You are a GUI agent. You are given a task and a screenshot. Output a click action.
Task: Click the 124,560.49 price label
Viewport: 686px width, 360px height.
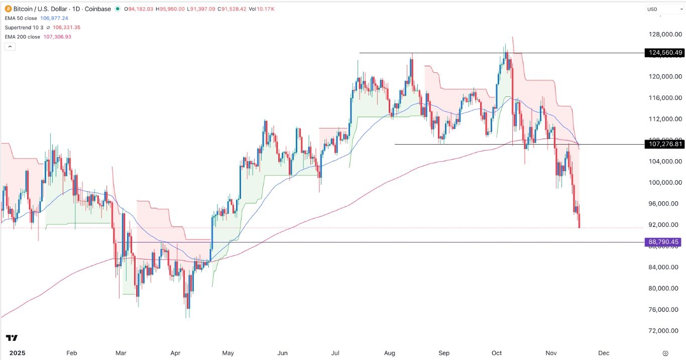tap(664, 53)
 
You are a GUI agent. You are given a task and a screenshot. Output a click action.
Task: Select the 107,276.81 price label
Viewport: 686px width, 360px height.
tap(664, 144)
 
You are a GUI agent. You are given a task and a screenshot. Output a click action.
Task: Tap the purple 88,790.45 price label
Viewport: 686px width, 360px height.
tap(664, 242)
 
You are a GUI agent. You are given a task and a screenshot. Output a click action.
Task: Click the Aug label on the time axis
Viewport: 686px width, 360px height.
tap(390, 353)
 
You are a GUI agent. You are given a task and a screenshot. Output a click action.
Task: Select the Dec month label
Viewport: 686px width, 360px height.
tap(604, 353)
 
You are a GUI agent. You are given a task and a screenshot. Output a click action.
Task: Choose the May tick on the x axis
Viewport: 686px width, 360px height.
tap(228, 353)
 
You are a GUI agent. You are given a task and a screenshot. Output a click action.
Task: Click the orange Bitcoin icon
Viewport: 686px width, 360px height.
tap(8, 9)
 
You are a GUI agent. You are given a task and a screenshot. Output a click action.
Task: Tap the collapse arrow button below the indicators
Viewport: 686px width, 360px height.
tap(10, 46)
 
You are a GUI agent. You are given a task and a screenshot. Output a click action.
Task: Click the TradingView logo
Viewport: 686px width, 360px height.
tap(12, 338)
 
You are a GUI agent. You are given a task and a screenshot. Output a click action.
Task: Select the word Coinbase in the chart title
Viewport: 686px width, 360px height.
tap(99, 9)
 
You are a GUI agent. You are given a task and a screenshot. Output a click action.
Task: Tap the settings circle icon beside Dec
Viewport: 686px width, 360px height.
tap(665, 353)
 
